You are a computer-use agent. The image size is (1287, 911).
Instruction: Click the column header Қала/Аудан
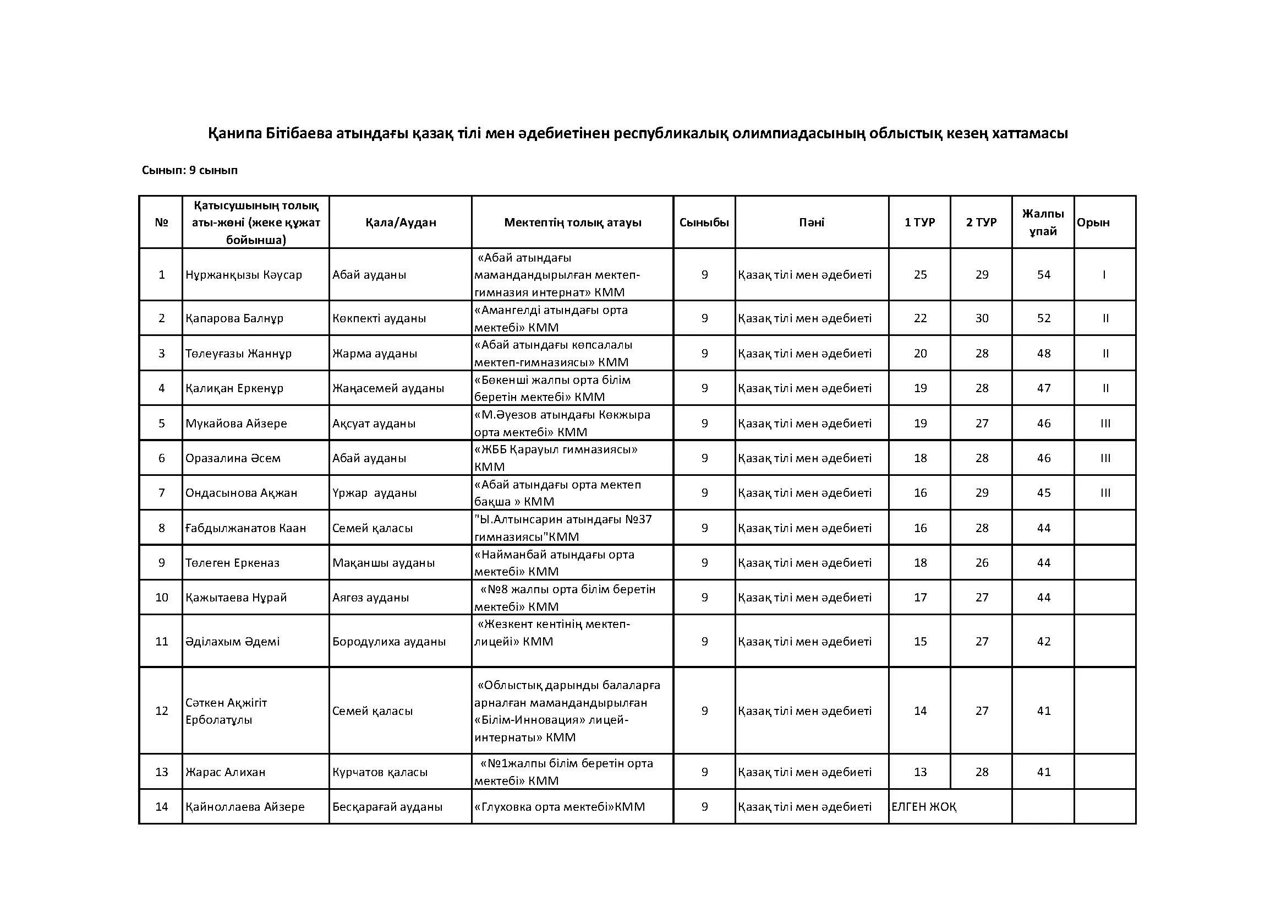pos(400,222)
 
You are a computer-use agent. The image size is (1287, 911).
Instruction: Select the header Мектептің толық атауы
pos(572,222)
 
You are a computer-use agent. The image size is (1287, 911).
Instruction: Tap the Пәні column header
pos(811,222)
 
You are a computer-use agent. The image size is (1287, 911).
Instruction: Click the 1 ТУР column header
pos(919,222)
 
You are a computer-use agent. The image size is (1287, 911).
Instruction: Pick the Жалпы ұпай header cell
pos(1043,222)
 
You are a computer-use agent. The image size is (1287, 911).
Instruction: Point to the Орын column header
pos(1093,222)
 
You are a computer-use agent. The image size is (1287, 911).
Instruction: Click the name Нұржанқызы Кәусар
pos(244,275)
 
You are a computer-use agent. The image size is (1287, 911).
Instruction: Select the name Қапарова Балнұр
pos(234,318)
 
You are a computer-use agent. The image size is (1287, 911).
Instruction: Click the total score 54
pos(1043,275)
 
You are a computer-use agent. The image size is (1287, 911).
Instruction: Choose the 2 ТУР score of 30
pos(982,318)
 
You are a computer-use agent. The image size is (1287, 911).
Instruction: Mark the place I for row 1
pos(1104,275)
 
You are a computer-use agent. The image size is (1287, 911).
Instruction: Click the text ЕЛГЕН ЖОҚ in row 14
pos(924,807)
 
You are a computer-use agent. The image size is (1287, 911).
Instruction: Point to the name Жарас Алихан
pos(226,772)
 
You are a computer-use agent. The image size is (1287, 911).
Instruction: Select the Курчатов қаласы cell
pos(380,772)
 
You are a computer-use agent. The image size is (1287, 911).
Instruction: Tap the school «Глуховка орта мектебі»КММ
pos(560,807)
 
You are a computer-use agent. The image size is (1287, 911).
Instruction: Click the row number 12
pos(161,711)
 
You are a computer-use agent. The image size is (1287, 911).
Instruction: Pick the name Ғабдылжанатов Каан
pos(245,528)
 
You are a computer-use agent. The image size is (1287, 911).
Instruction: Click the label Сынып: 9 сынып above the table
pos(189,170)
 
